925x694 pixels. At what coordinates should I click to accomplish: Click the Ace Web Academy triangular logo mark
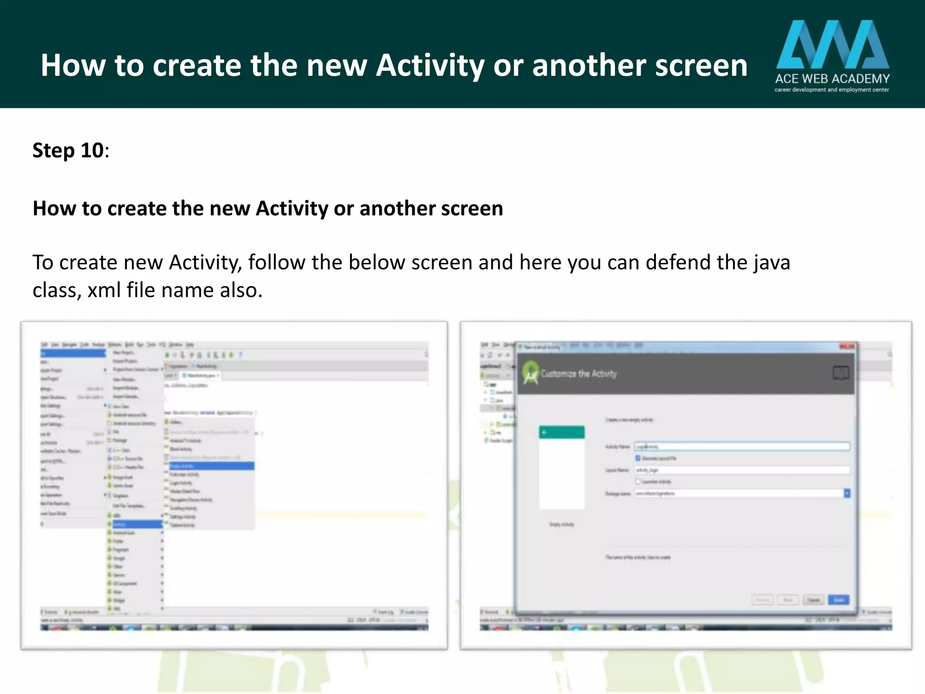point(832,44)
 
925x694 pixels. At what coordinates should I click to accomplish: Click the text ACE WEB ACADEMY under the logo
point(832,79)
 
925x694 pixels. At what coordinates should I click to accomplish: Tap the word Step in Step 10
point(53,150)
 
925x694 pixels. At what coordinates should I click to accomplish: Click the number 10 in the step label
point(92,150)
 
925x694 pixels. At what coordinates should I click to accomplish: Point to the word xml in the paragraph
point(104,290)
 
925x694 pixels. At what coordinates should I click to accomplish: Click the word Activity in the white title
point(430,66)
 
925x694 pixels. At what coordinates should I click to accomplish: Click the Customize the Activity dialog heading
point(579,374)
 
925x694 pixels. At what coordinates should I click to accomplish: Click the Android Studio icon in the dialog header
point(531,373)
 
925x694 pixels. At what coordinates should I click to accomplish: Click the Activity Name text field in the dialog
point(742,446)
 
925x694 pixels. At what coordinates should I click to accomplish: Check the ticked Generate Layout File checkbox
point(638,458)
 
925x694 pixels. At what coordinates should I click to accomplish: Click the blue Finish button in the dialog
point(838,600)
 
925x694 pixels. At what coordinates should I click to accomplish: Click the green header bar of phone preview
point(561,432)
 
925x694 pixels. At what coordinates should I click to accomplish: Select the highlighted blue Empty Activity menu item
point(211,466)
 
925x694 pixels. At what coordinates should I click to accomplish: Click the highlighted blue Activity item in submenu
point(136,524)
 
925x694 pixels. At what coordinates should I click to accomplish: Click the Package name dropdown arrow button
point(847,493)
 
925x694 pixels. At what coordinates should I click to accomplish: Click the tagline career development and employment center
point(832,90)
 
